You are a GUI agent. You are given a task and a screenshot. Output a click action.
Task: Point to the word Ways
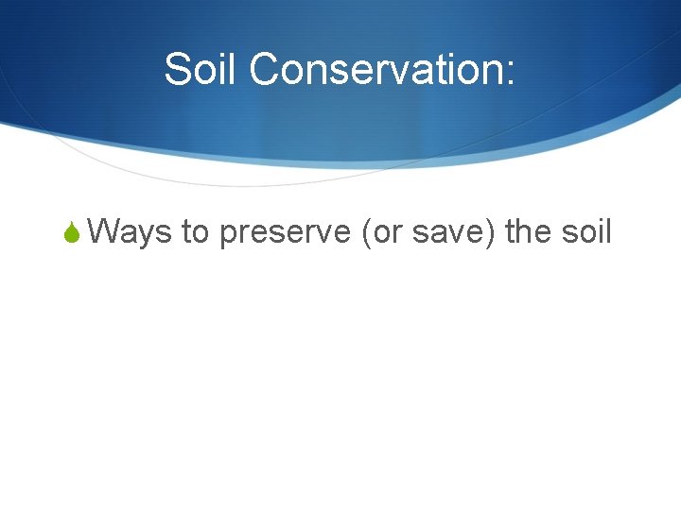click(x=133, y=230)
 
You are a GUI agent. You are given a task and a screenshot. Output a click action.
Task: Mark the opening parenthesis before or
click(x=367, y=231)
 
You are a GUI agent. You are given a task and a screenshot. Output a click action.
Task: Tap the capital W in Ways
click(x=110, y=230)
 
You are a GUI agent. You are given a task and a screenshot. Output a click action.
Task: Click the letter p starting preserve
click(x=228, y=234)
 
